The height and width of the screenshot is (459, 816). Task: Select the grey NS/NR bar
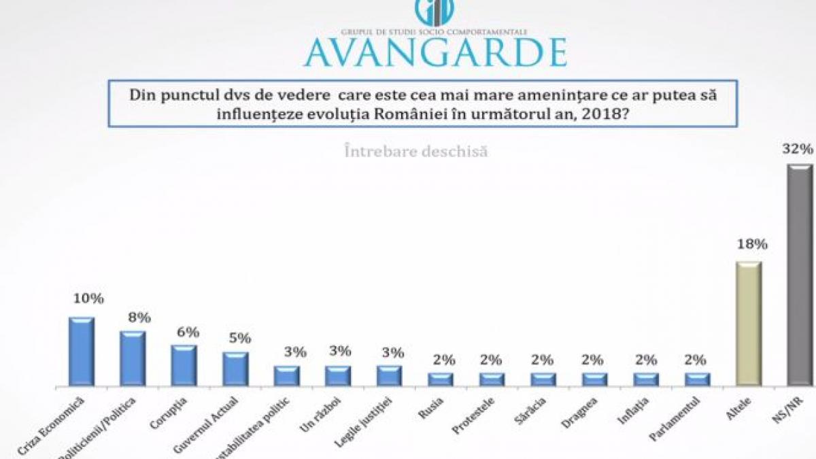800,275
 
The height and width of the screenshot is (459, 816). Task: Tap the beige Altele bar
748,324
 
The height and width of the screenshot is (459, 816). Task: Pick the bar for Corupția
184,366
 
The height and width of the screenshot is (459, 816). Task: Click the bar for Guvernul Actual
235,369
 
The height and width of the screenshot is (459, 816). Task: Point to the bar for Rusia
440,379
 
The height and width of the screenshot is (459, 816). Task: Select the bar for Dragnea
594,379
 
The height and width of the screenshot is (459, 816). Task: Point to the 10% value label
88,299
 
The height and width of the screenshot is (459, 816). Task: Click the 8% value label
139,317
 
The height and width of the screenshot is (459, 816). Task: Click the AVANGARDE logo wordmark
435,52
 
